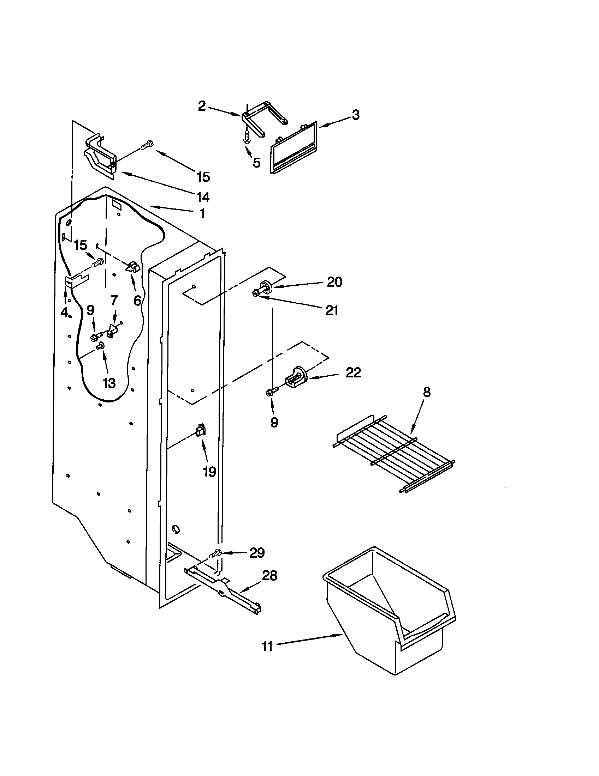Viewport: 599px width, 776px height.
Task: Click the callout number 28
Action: coord(269,575)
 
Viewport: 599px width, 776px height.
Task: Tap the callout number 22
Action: coord(353,372)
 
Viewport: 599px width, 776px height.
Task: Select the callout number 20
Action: coord(334,282)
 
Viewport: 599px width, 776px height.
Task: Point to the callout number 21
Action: coord(332,310)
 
